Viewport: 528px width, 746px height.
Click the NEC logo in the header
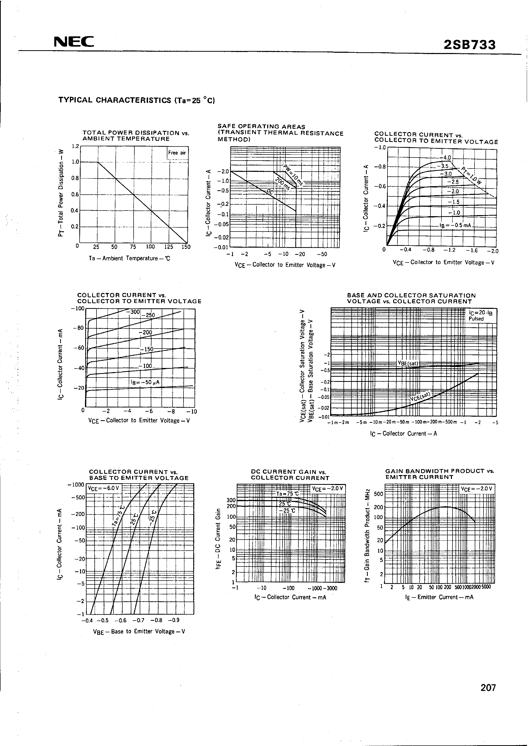(74, 42)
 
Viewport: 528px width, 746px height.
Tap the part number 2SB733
(469, 45)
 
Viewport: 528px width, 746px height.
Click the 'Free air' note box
(177, 153)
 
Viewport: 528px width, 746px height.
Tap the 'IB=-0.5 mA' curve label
(455, 225)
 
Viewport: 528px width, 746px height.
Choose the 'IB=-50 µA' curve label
(145, 382)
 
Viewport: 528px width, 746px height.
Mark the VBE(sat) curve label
(408, 363)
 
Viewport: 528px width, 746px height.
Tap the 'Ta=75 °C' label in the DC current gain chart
(287, 493)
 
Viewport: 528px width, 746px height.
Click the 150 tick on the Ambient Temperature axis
(186, 247)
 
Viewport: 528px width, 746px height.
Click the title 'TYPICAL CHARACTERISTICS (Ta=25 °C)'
(137, 100)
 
